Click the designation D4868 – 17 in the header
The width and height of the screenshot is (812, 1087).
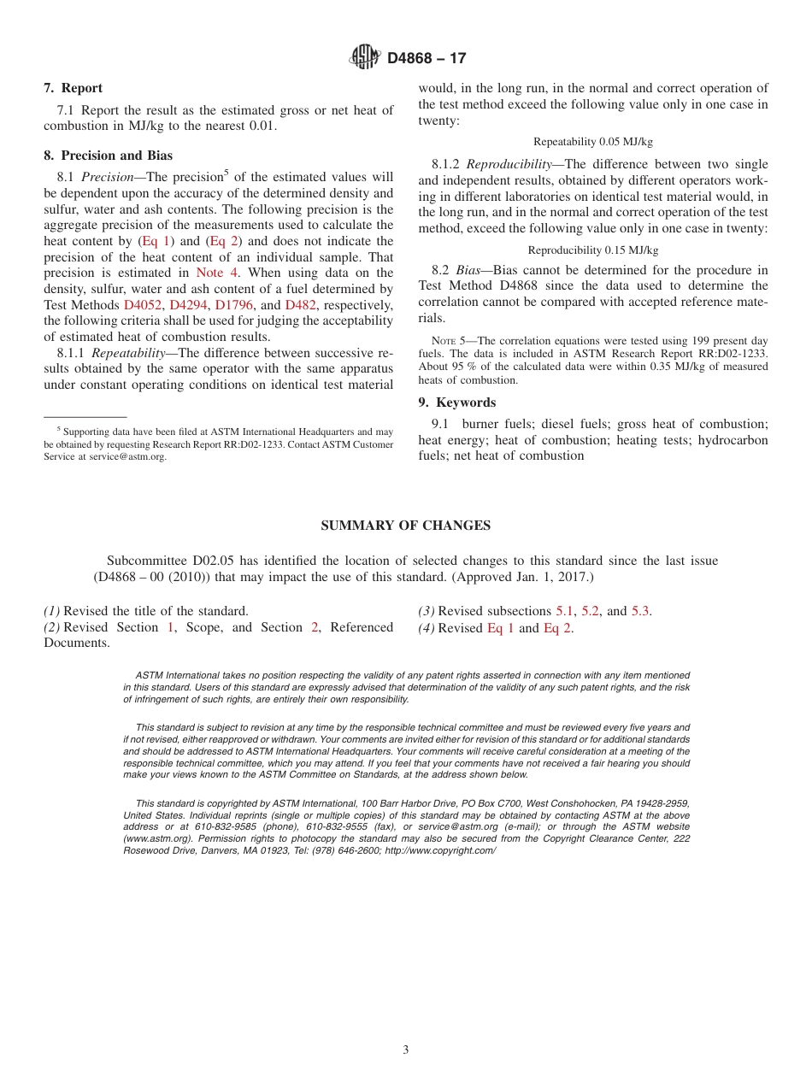(427, 59)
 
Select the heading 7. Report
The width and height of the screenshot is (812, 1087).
(73, 88)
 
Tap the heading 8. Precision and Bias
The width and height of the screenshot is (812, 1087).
(108, 156)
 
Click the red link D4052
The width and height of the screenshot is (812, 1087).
(143, 305)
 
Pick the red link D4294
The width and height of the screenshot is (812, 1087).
(189, 305)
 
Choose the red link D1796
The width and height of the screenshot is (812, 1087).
(234, 305)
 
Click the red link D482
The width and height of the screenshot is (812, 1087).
(301, 305)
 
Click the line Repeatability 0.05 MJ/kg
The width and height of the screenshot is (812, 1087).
(592, 142)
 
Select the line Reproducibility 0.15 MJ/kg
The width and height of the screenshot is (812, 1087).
(592, 250)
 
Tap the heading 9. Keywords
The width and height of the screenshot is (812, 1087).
(456, 402)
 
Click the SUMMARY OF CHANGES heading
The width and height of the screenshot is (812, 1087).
(405, 526)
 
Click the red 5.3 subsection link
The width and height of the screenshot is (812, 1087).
(640, 611)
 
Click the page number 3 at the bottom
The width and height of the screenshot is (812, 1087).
(405, 1050)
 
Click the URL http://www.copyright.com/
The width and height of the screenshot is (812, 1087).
(440, 850)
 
